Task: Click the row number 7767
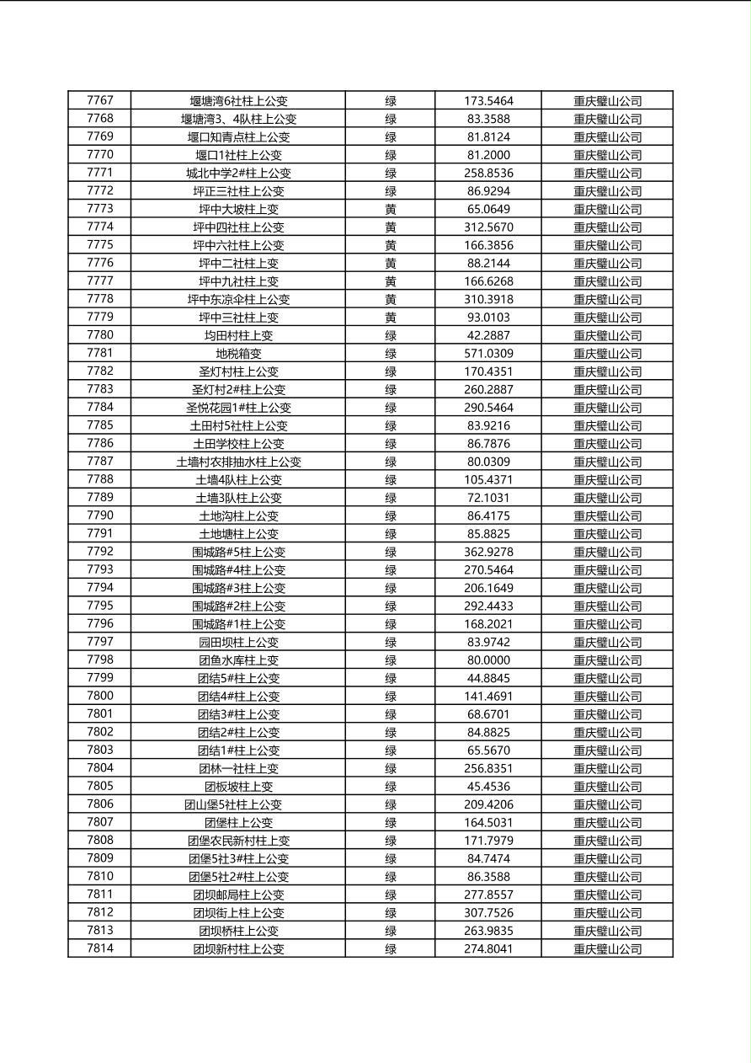99,100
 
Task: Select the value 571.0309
488,354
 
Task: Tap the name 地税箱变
238,354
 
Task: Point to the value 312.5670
488,227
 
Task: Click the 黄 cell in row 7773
391,209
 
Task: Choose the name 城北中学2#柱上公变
238,173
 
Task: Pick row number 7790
99,515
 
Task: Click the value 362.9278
488,553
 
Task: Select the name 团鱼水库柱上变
238,660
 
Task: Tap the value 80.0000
488,660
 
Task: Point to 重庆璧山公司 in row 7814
607,949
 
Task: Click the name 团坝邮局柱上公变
238,895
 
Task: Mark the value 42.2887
488,335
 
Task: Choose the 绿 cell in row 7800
391,697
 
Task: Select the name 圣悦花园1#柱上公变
238,408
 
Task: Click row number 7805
99,787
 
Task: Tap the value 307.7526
488,913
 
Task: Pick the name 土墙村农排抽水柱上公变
238,462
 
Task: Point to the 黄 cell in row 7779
391,318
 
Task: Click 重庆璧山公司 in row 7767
607,100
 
